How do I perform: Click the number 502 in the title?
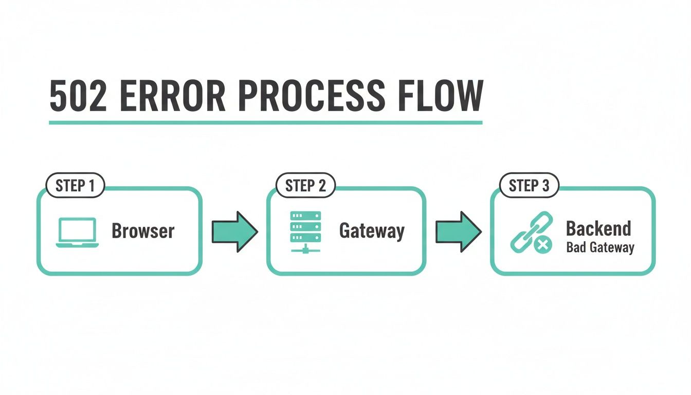tap(78, 96)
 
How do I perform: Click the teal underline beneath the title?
tap(265, 122)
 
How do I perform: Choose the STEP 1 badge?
tap(75, 186)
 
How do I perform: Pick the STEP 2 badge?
tap(305, 186)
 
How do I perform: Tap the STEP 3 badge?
tap(529, 186)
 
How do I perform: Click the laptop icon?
tap(77, 232)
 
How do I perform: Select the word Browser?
tap(143, 231)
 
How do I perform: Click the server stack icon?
tap(305, 232)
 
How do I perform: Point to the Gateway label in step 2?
tap(372, 231)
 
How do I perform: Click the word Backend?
tap(598, 228)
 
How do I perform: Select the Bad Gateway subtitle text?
tap(600, 248)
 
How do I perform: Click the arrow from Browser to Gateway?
tap(234, 231)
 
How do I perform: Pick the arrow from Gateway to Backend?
tap(458, 231)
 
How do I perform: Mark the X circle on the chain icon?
tap(541, 245)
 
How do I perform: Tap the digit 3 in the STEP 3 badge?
tap(545, 186)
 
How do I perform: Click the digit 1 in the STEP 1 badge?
tap(92, 186)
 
